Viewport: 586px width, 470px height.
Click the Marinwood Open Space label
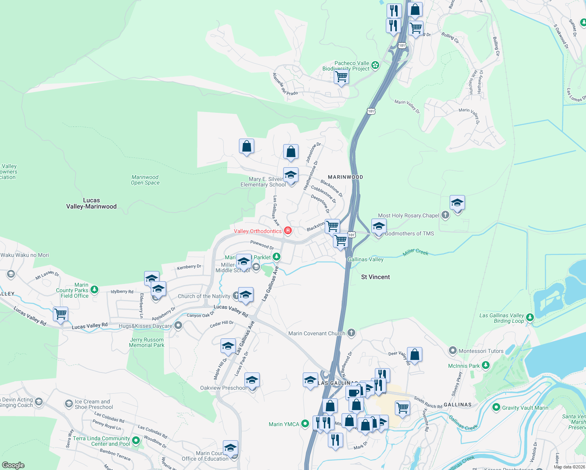coord(145,180)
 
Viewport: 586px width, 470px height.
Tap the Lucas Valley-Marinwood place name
coord(91,203)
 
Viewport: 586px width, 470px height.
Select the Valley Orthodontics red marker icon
coord(288,231)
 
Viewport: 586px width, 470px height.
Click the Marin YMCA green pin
coord(306,424)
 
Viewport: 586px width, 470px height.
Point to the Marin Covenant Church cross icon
coord(351,333)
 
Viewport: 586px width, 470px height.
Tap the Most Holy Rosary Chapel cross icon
coord(445,215)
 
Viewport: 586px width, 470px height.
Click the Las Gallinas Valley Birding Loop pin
coord(530,318)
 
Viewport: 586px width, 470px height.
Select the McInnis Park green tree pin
coord(486,365)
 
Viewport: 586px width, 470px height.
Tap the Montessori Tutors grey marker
coord(453,351)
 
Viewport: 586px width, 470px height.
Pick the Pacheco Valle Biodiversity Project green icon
coord(375,65)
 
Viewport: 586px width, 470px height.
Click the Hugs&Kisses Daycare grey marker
coord(178,325)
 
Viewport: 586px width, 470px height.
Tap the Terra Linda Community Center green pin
coord(136,441)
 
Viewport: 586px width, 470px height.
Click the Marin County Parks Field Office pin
coord(94,290)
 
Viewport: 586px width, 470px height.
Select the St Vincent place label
coord(375,277)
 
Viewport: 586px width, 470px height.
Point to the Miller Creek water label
coord(416,252)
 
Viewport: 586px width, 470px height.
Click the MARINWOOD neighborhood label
coord(345,177)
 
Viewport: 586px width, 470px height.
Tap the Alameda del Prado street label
coord(285,85)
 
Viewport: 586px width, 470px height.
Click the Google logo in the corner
coord(13,465)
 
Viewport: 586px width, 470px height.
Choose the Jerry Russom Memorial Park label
coord(147,343)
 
